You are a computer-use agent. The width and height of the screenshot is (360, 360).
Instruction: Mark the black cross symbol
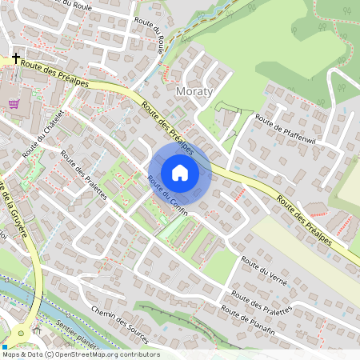[x=15, y=58]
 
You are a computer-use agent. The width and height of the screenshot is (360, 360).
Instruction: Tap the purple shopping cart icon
[x=14, y=103]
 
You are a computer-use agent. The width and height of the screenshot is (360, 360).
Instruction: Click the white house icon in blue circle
[x=180, y=173]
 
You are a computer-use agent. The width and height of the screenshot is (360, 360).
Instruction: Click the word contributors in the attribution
[x=141, y=354]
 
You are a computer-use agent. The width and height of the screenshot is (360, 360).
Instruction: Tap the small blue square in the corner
[x=5, y=346]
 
